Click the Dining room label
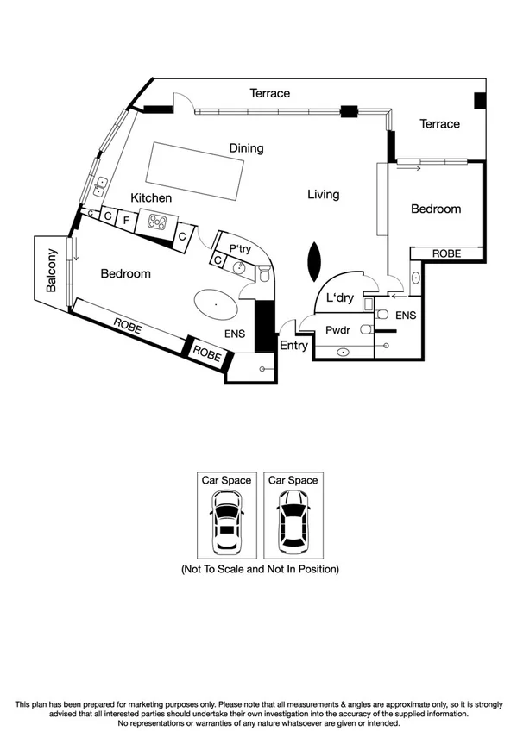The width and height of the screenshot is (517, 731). [x=246, y=148]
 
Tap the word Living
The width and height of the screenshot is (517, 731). [x=324, y=195]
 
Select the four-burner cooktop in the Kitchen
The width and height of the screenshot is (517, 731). [x=157, y=223]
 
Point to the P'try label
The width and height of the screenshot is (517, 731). [x=239, y=248]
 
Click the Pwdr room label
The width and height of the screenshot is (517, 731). [x=336, y=330]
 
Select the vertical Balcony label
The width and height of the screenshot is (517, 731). [x=52, y=271]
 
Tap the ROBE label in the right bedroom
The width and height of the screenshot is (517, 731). [x=446, y=253]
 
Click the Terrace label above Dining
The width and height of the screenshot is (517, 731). [x=269, y=93]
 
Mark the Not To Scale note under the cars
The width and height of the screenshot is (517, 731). [x=259, y=570]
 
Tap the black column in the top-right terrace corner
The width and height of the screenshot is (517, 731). [x=480, y=100]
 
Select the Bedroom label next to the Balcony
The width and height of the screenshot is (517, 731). [x=125, y=274]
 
